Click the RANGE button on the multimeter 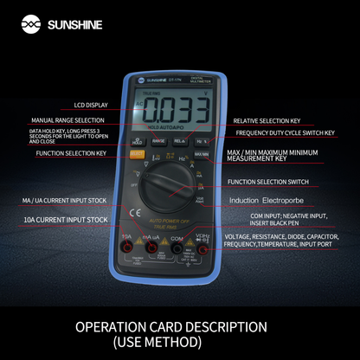pyautogui.click(x=158, y=140)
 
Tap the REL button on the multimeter pyautogui.click(x=179, y=140)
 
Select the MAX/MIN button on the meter pyautogui.click(x=201, y=154)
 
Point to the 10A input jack pyautogui.click(x=126, y=248)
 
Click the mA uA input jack pyautogui.click(x=151, y=248)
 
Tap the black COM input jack pyautogui.click(x=177, y=248)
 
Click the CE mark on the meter pyautogui.click(x=135, y=213)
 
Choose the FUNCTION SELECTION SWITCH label pyautogui.click(x=269, y=182)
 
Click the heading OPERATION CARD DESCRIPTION pyautogui.click(x=170, y=328)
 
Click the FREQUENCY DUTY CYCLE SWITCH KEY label pyautogui.click(x=287, y=135)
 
